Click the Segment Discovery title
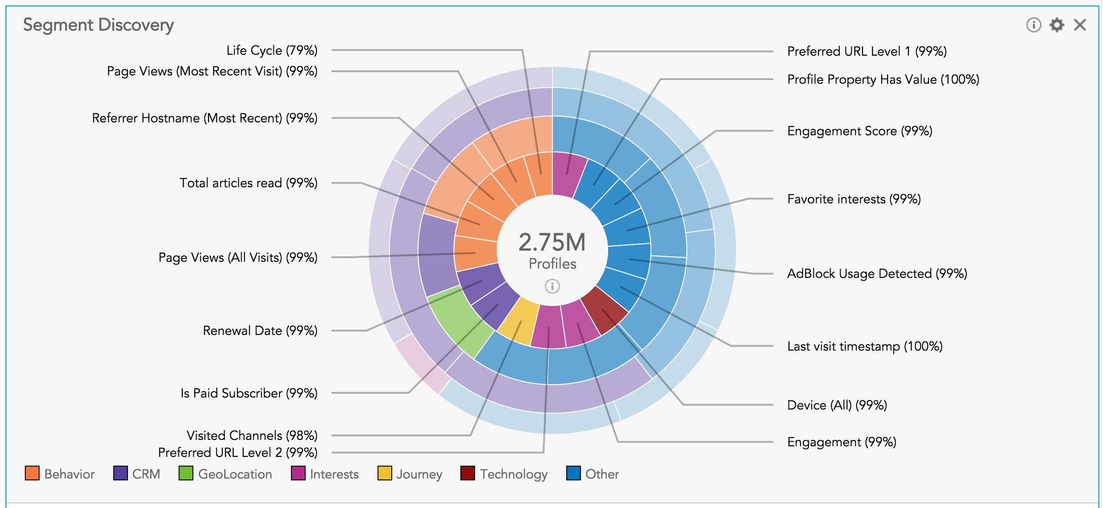[99, 25]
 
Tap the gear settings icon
[1057, 25]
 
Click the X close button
[1080, 25]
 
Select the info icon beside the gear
[1033, 25]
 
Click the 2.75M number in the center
[552, 242]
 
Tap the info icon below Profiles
[552, 286]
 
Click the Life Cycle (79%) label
[272, 51]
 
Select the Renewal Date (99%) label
[260, 331]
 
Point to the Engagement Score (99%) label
[859, 131]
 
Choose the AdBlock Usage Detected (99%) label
[877, 274]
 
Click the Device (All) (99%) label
[837, 405]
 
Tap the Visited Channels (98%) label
[252, 435]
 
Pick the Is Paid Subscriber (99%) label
[249, 393]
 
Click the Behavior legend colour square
[32, 473]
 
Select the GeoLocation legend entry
[225, 474]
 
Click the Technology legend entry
[504, 474]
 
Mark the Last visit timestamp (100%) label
[865, 346]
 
